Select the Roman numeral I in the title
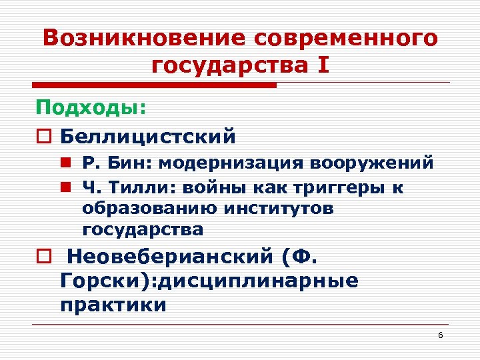(324, 66)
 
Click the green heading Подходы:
(91, 108)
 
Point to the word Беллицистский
(148, 137)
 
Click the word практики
(113, 305)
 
